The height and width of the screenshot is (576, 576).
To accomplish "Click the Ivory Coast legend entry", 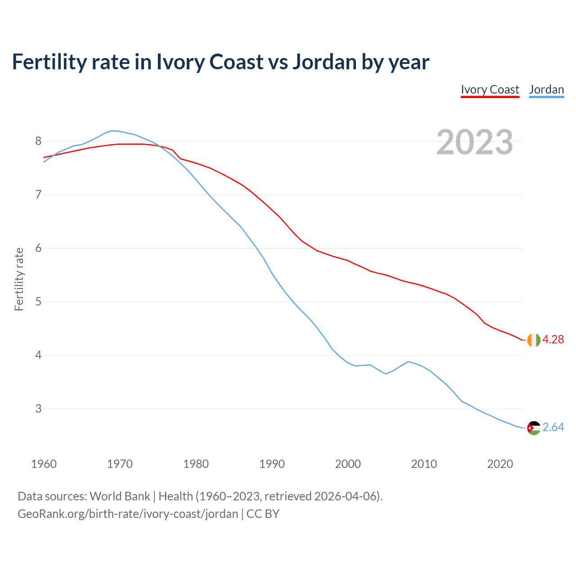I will [x=490, y=90].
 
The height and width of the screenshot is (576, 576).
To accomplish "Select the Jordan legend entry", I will [x=546, y=90].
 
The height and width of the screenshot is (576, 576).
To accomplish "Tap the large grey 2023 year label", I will [x=475, y=142].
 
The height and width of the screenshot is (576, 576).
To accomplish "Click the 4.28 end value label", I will [x=553, y=340].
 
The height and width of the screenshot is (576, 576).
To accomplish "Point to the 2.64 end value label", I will [x=553, y=427].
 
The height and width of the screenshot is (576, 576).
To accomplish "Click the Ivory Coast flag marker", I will [x=534, y=340].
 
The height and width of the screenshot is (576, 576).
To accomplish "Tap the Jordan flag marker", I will [x=534, y=428].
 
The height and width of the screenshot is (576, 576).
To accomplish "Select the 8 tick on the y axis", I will [x=38, y=141].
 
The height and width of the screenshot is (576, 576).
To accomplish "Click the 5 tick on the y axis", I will [x=38, y=302].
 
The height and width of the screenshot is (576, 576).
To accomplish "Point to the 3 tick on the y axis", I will [x=38, y=409].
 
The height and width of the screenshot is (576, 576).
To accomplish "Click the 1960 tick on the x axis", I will [x=44, y=464].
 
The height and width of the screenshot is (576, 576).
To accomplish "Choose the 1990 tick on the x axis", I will [x=272, y=464].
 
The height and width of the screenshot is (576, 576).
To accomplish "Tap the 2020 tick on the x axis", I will [x=500, y=464].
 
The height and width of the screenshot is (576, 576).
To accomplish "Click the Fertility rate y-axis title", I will [x=19, y=279].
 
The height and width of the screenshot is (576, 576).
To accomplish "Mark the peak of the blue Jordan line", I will [x=112, y=130].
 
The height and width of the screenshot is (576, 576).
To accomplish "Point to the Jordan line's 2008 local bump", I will [x=408, y=361].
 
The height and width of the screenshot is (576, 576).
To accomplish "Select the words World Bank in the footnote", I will [x=120, y=496].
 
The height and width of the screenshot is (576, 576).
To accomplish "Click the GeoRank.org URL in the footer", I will [x=128, y=514].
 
